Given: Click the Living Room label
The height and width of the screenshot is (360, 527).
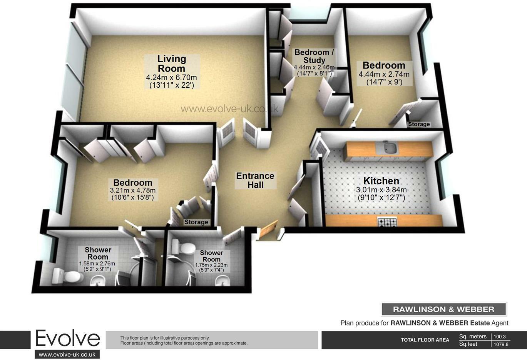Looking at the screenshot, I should pos(172,64).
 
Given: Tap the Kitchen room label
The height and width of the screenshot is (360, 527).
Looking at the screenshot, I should pos(381,181).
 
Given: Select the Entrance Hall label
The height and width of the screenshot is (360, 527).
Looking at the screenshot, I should pos(255,180).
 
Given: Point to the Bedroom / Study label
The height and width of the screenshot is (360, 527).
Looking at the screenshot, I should pos(314,56).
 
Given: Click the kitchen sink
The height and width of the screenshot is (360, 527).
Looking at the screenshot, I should pos(389,148).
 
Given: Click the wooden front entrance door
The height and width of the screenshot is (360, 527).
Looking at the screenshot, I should pos(268,230).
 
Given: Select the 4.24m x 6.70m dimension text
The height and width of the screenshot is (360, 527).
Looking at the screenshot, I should pos(172,78).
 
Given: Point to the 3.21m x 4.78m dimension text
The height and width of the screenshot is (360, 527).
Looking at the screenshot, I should pos(133,190).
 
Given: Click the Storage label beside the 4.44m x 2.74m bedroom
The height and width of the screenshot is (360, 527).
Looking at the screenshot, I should pos(419,124).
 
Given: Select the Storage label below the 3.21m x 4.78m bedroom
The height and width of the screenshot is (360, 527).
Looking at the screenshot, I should pos(196,222).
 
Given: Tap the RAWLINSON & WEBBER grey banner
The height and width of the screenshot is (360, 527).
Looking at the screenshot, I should pos(443,309).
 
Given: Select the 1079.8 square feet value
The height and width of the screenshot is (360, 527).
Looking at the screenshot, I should pos(501,344).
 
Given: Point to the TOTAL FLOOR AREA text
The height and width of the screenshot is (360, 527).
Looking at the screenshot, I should pos(425,340).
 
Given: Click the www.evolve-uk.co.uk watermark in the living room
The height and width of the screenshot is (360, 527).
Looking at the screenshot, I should pos(229,109).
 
